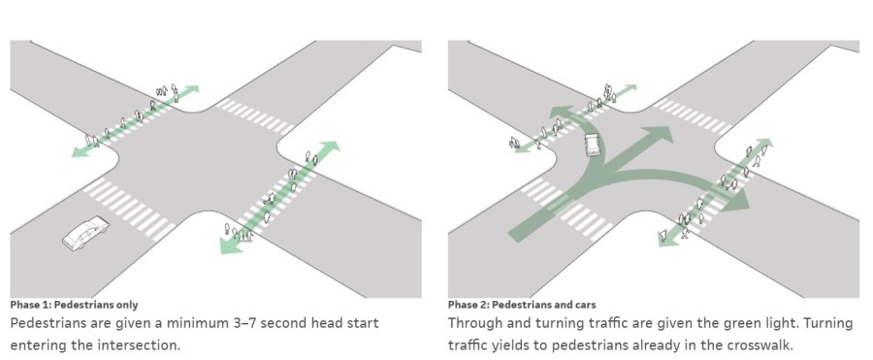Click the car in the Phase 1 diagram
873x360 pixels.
85,233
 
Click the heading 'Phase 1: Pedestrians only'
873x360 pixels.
74,305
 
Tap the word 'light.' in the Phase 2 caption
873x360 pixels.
799,323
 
